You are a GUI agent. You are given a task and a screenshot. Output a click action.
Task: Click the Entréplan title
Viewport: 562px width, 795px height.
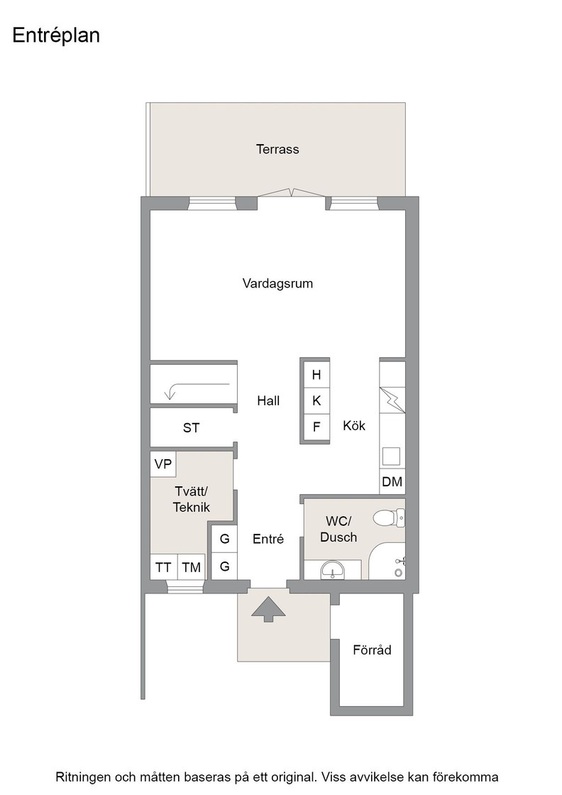(56, 35)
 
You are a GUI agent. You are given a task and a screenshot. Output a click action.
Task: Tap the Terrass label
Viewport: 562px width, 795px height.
(277, 149)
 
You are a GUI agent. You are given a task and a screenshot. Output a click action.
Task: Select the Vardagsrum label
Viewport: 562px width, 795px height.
(277, 283)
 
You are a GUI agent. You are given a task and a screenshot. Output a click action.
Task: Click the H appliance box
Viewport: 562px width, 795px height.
(316, 375)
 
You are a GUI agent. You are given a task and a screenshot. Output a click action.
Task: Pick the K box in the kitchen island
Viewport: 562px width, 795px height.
(316, 400)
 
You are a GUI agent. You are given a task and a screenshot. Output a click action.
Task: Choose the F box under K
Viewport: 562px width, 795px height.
(316, 427)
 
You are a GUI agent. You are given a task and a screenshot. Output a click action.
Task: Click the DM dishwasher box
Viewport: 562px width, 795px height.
(392, 482)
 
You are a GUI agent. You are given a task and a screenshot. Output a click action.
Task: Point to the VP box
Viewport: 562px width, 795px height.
(162, 464)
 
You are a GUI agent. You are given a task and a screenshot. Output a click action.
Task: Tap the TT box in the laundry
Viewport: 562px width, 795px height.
(163, 567)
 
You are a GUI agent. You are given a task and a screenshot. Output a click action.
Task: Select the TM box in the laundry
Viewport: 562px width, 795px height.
(192, 567)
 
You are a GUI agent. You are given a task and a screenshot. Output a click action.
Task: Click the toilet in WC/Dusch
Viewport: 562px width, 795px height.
(389, 518)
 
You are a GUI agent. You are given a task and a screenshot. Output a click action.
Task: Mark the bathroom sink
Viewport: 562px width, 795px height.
(332, 570)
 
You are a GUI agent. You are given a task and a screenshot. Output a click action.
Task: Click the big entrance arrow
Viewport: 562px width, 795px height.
(268, 609)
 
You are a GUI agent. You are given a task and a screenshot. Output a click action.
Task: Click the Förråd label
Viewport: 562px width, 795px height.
(372, 650)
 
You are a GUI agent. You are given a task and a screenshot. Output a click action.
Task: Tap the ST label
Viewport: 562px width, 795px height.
(191, 428)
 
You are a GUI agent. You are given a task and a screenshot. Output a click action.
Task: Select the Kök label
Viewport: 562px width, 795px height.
(353, 425)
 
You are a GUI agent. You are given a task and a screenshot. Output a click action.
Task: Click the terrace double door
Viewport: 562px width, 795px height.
(292, 192)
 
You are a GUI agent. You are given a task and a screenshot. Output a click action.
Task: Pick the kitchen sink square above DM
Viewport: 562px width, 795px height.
(391, 456)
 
